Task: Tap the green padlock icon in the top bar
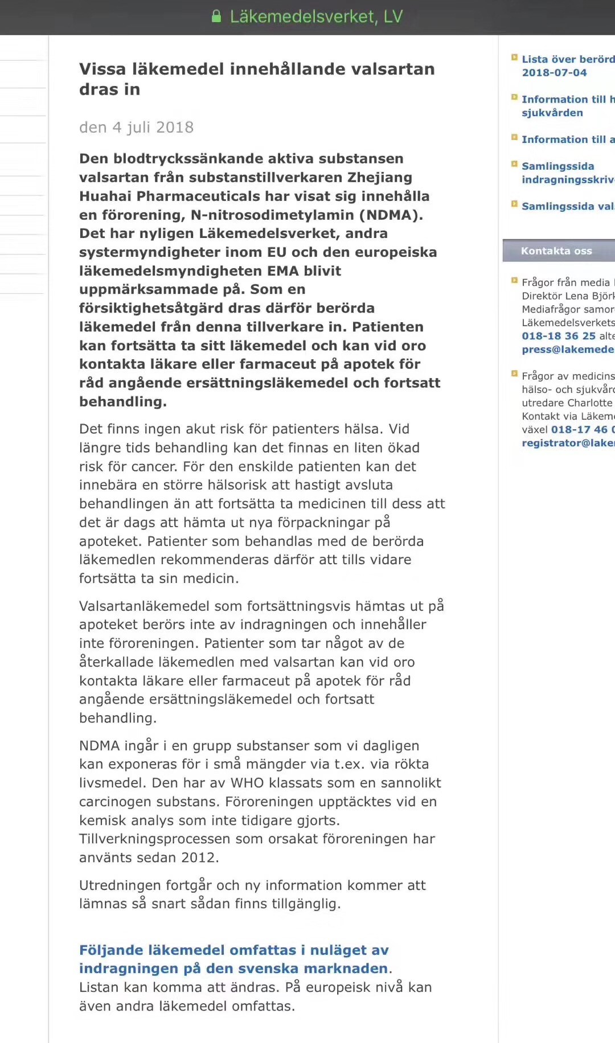click(x=216, y=17)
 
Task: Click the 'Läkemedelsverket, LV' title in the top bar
click(x=316, y=17)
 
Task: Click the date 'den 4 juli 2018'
click(x=136, y=127)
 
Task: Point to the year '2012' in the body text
click(x=199, y=857)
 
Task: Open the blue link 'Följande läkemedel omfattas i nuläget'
click(x=233, y=950)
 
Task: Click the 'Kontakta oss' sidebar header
click(x=556, y=251)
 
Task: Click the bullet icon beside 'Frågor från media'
click(x=514, y=281)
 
